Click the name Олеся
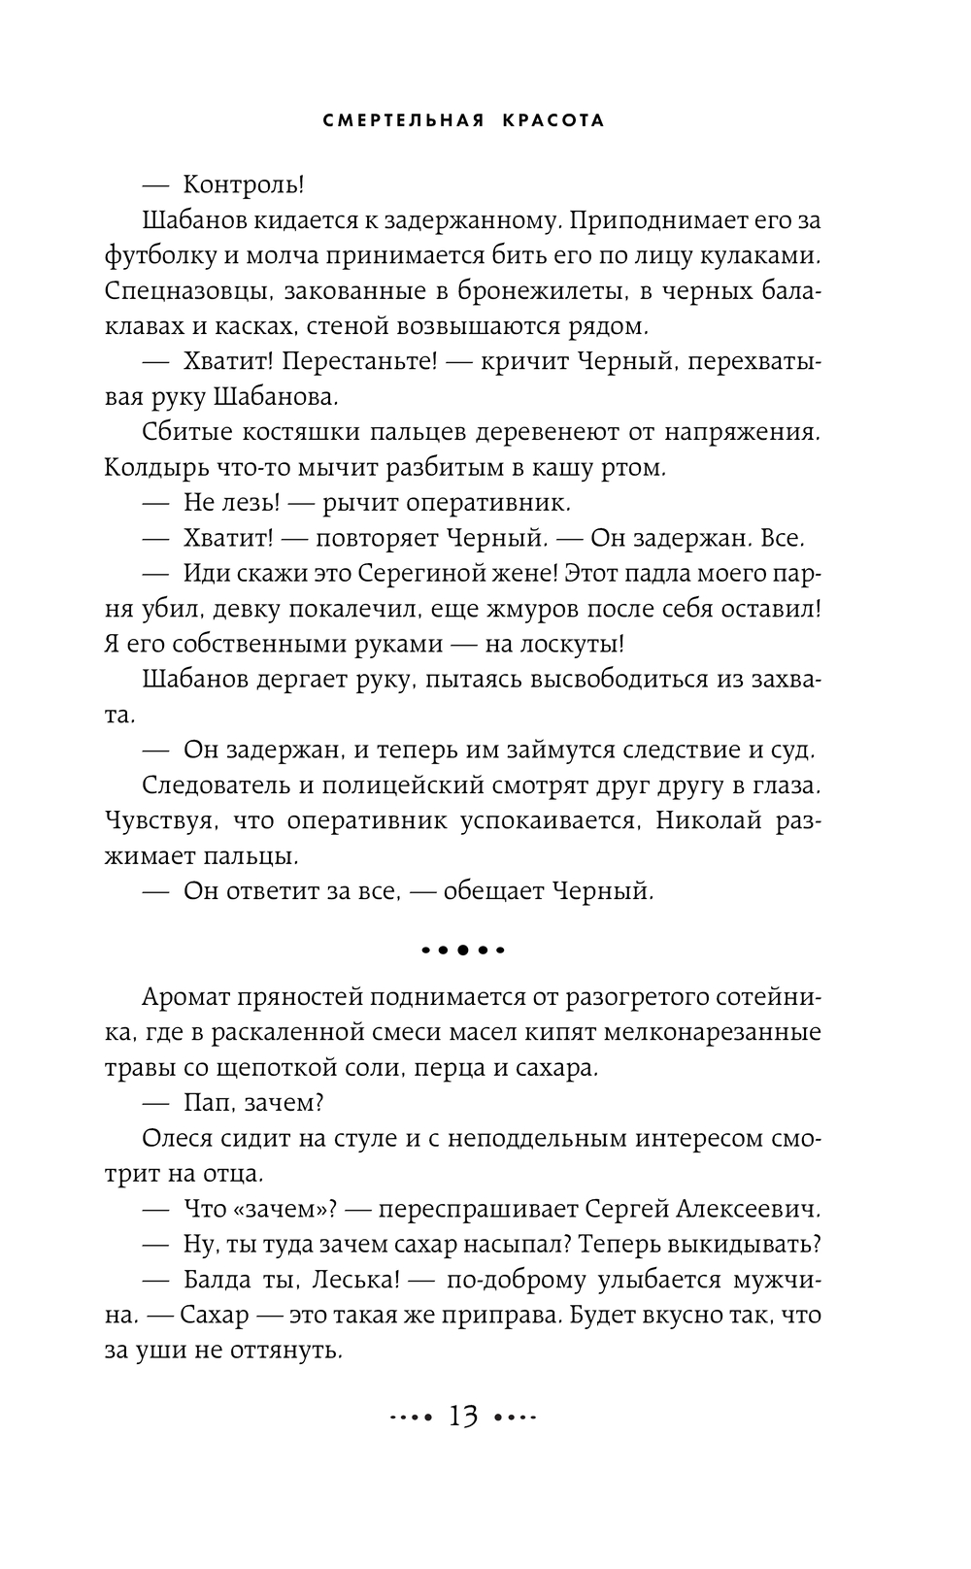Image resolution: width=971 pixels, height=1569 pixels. [175, 1139]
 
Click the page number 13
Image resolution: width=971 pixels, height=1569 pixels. [462, 1417]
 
